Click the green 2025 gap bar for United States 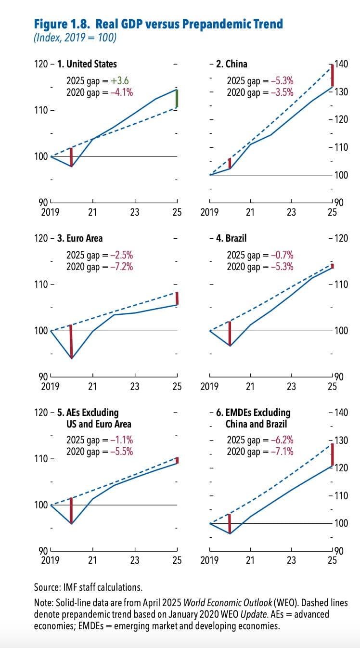(177, 99)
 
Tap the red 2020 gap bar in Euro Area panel (71, 342)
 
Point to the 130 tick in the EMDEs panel (341, 440)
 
